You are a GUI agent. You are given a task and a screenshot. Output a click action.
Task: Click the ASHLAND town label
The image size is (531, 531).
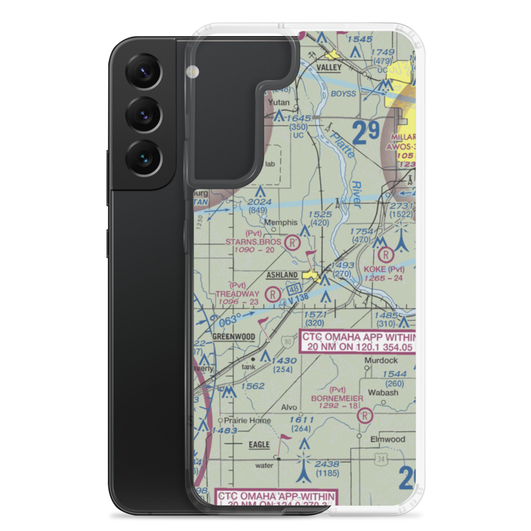(282, 275)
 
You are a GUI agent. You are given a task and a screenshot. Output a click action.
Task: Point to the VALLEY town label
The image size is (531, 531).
(329, 67)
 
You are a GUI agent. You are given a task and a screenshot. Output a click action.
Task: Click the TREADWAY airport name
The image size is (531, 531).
(237, 293)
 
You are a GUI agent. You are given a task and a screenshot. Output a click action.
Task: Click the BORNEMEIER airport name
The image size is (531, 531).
(338, 398)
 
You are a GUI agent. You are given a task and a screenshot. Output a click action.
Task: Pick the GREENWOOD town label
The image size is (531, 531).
(233, 337)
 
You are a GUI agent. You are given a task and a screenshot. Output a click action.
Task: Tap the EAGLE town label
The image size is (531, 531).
(259, 444)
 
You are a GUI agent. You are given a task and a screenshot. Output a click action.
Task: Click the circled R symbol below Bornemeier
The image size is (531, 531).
(365, 415)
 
